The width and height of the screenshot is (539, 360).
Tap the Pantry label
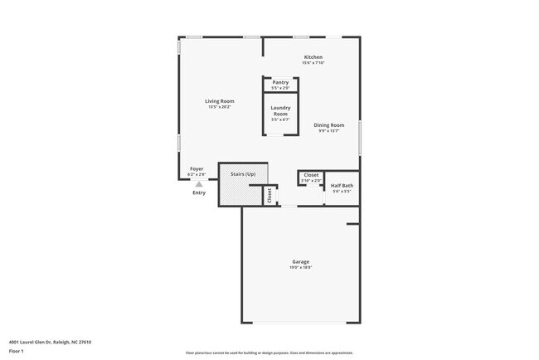click(x=280, y=82)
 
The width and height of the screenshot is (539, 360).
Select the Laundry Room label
click(x=280, y=111)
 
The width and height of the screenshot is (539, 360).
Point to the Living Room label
click(x=220, y=101)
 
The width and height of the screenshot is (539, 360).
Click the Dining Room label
click(x=328, y=125)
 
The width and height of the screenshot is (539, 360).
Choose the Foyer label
click(x=197, y=168)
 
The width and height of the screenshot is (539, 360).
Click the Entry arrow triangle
click(x=199, y=184)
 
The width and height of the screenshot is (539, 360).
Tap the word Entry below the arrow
click(x=199, y=192)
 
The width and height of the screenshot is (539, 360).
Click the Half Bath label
click(x=342, y=186)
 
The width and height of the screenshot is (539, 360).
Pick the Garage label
click(x=300, y=261)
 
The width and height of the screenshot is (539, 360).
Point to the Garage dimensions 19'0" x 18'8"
click(x=300, y=268)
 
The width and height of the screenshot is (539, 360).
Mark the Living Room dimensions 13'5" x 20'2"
click(x=220, y=107)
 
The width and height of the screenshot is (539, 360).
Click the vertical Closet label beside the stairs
click(x=269, y=195)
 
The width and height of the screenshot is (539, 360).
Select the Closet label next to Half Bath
click(x=311, y=175)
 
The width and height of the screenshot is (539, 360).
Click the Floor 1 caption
click(x=17, y=351)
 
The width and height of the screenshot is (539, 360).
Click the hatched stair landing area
click(x=240, y=192)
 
